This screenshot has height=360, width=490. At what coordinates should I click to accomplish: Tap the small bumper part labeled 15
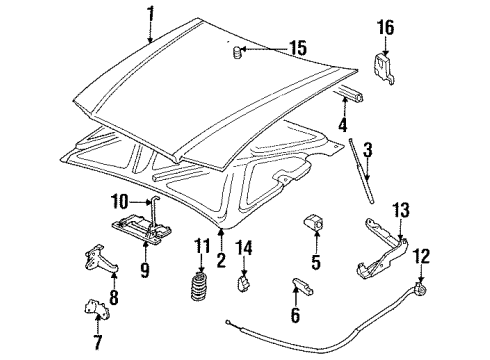(237, 51)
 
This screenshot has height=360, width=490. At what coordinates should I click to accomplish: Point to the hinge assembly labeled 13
(383, 260)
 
